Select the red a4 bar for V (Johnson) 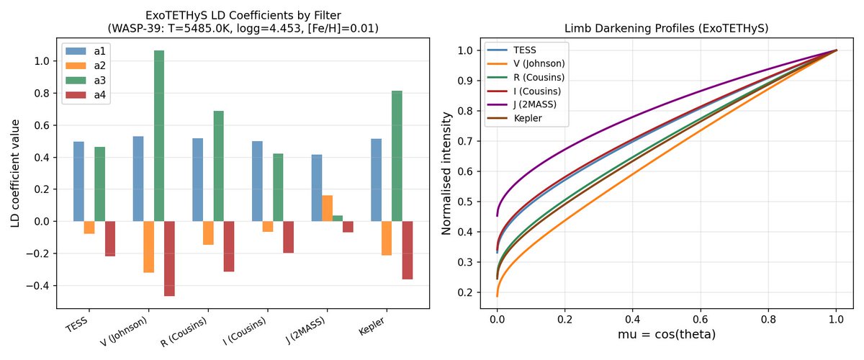(169, 258)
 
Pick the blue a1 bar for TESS (78, 181)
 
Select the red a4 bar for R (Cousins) (229, 246)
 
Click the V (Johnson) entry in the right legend (536, 63)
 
